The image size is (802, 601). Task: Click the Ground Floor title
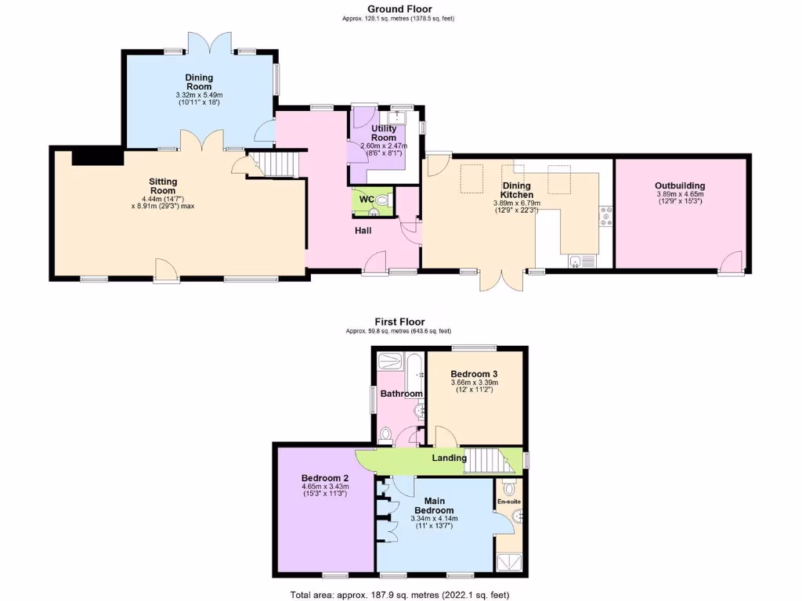(399, 9)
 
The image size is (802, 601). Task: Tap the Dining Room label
(199, 82)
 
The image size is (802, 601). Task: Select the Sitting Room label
(163, 185)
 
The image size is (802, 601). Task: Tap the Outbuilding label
(680, 185)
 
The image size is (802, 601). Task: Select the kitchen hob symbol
(605, 216)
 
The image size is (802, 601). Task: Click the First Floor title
(399, 322)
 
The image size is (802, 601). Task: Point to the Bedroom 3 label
(475, 374)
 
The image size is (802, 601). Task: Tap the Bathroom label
(402, 394)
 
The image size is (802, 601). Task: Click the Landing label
(450, 458)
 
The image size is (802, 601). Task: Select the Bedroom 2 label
(325, 478)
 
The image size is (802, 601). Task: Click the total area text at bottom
(399, 594)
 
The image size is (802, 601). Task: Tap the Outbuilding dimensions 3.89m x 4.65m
(680, 196)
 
